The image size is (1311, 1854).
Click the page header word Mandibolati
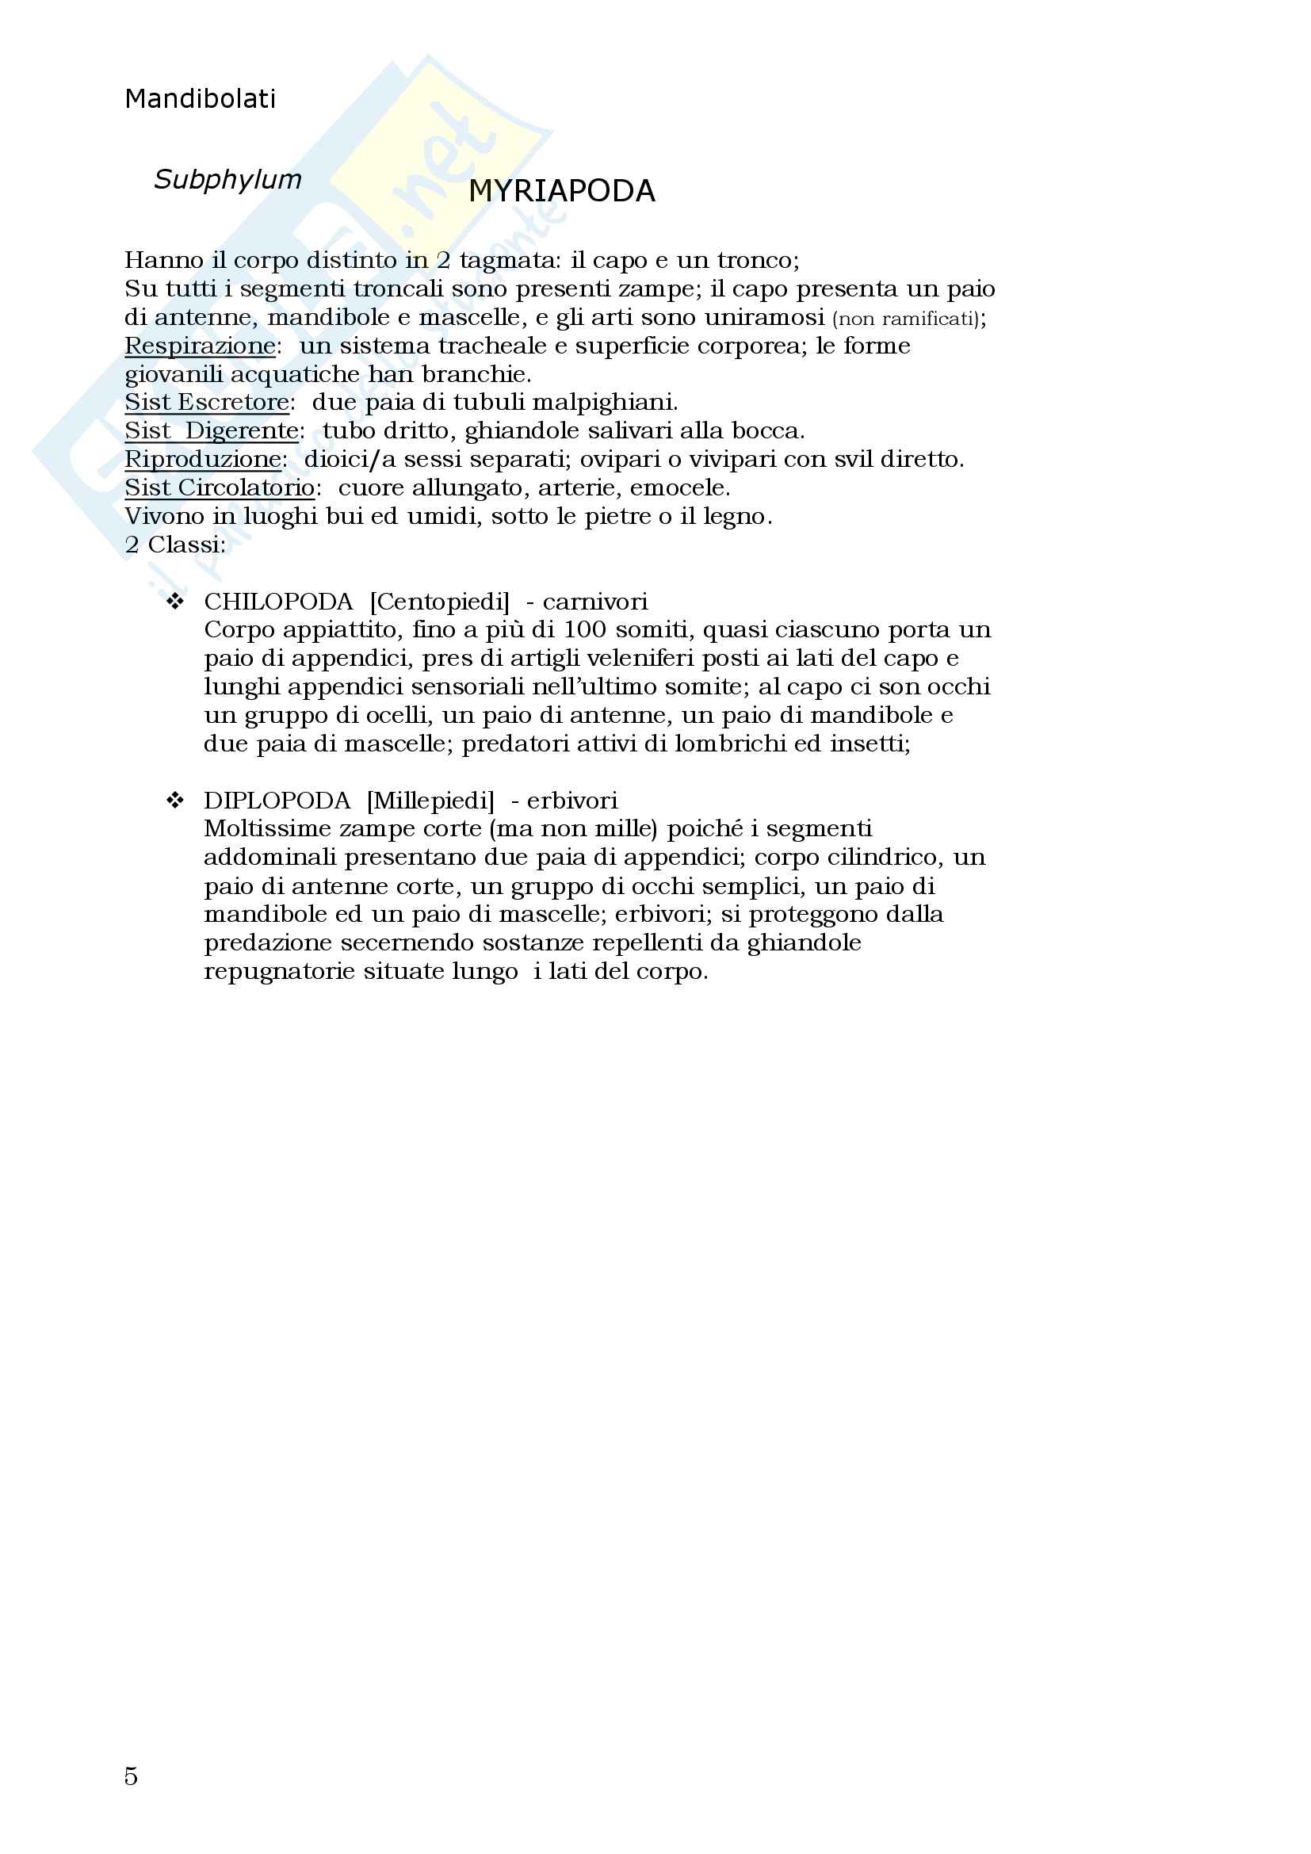pyautogui.click(x=201, y=98)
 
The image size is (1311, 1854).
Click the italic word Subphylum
pyautogui.click(x=227, y=179)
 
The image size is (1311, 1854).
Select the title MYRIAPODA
pyautogui.click(x=562, y=191)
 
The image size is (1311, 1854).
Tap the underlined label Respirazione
pyautogui.click(x=201, y=346)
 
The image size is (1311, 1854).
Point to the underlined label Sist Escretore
pyautogui.click(x=207, y=402)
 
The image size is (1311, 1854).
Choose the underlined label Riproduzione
pyautogui.click(x=203, y=460)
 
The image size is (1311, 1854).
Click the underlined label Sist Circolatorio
pyautogui.click(x=220, y=487)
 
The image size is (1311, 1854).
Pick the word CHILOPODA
pyautogui.click(x=278, y=602)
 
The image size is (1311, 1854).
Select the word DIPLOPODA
pyautogui.click(x=277, y=801)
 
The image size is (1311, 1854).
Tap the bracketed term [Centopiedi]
pyautogui.click(x=440, y=602)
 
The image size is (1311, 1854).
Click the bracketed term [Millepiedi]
pyautogui.click(x=430, y=801)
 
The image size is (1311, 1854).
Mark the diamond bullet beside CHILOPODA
pyautogui.click(x=174, y=601)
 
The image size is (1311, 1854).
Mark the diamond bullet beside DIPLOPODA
pyautogui.click(x=174, y=800)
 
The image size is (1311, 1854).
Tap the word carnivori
pyautogui.click(x=595, y=602)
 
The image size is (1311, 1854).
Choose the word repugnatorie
pyautogui.click(x=279, y=972)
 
